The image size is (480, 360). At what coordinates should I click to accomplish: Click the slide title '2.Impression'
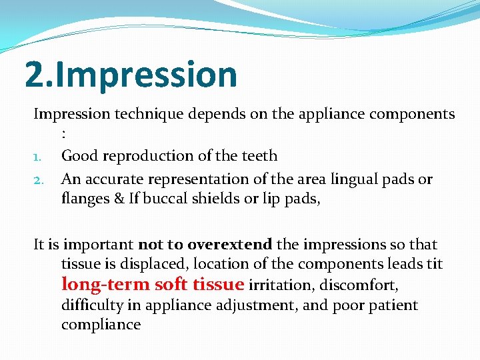131,74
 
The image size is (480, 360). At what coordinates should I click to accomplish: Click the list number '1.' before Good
39,157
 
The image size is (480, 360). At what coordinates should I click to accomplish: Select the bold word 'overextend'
229,245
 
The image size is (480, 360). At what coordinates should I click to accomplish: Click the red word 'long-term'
105,285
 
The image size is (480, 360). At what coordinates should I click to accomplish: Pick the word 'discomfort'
361,286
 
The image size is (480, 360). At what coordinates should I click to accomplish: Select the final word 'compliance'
101,325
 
